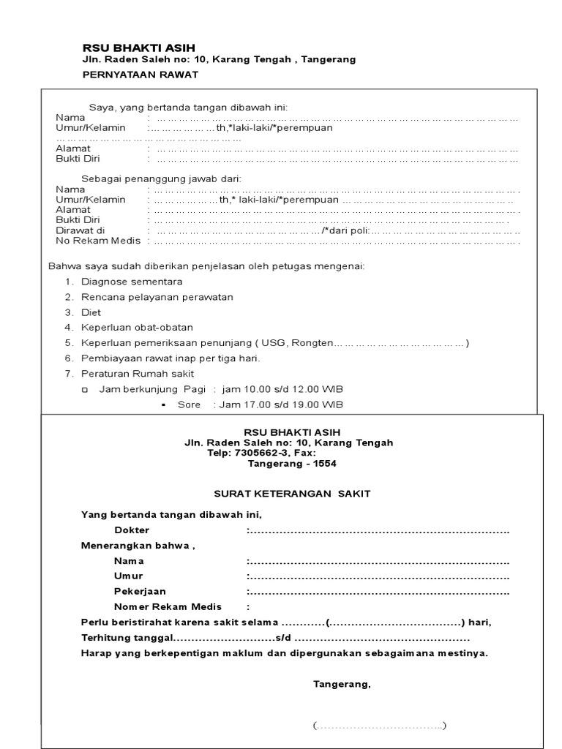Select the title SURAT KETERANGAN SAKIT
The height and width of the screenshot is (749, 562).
coord(293,494)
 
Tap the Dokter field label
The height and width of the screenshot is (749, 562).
coord(132,530)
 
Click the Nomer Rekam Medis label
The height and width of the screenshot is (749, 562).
coord(168,607)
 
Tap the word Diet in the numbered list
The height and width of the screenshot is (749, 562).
coord(91,312)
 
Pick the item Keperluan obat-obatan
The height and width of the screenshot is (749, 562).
coord(137,328)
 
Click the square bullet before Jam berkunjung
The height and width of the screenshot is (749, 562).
coord(84,390)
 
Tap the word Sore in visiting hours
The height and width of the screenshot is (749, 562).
coord(189,404)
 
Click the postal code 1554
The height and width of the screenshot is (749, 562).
coord(325,464)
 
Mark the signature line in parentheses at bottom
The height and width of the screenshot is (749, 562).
coord(379,726)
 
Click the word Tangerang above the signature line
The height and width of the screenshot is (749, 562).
coord(342,685)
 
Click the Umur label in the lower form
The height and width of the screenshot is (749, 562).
coord(128,576)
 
